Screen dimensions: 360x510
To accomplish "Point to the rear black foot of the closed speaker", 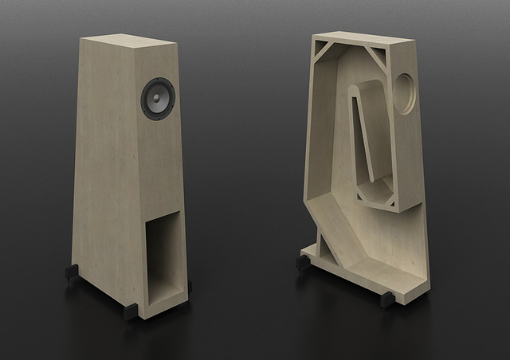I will pyautogui.click(x=71, y=272).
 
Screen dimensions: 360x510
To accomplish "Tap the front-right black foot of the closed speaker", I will pyautogui.click(x=189, y=284).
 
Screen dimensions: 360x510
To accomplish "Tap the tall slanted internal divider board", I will pyautogui.click(x=362, y=131).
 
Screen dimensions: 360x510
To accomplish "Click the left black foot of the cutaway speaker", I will pyautogui.click(x=303, y=262).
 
